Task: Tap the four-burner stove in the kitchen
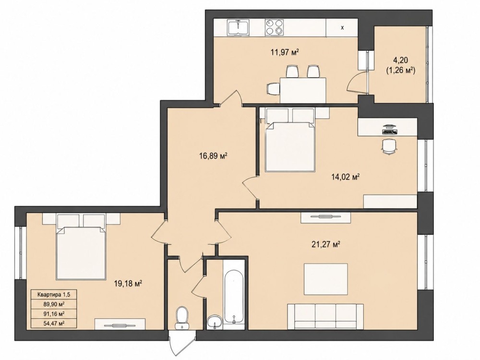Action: [274, 27]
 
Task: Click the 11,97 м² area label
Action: [284, 52]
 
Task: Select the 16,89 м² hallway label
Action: [213, 156]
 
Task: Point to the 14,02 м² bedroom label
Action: [345, 177]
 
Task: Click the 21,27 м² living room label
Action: [325, 244]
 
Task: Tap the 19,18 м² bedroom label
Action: [128, 284]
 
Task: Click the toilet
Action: [182, 318]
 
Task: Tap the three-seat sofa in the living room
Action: [326, 316]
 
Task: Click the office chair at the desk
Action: [389, 146]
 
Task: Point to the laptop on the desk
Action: [389, 129]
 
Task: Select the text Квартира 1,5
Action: [54, 295]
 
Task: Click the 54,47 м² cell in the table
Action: [54, 323]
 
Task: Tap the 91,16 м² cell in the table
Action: [54, 314]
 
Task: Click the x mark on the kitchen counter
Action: [343, 28]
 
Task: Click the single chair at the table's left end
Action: [273, 89]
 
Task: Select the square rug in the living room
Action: [326, 279]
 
